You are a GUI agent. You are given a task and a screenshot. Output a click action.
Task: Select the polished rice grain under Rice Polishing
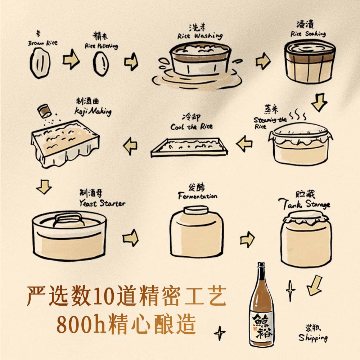coord(101,64)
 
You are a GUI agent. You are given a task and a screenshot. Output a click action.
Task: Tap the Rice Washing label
coord(200,36)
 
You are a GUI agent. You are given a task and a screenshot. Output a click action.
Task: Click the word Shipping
coord(312,338)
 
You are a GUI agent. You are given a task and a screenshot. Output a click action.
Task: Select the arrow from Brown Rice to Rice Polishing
coord(71,61)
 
